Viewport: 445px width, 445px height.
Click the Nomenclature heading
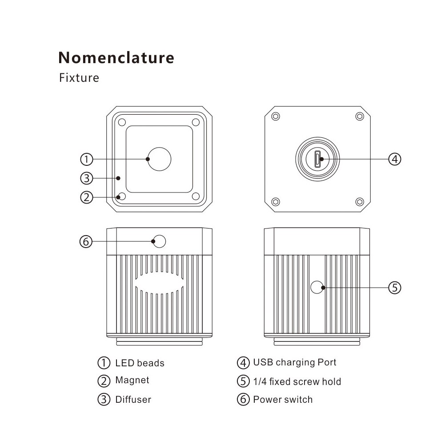click(x=116, y=57)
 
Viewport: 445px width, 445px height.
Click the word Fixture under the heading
click(x=79, y=78)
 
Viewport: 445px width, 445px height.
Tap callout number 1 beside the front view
click(x=87, y=159)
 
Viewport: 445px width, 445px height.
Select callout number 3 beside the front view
click(x=87, y=178)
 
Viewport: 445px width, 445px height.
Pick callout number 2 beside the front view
click(x=87, y=196)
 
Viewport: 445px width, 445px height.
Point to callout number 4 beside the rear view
click(x=395, y=159)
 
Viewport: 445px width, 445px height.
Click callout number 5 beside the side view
click(x=395, y=288)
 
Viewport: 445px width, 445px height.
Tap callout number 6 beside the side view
click(x=86, y=241)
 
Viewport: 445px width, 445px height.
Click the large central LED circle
click(x=159, y=159)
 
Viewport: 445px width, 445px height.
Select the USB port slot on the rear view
click(x=317, y=159)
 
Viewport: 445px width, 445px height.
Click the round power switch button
click(x=159, y=241)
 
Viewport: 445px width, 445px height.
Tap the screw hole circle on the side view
click(x=317, y=287)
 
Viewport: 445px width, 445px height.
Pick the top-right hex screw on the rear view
click(x=359, y=116)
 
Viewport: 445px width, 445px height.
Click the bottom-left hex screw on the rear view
click(x=276, y=201)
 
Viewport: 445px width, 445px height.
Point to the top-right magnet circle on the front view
click(x=196, y=121)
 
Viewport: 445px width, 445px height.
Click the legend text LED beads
click(x=140, y=363)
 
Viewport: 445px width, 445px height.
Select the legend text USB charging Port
click(x=294, y=362)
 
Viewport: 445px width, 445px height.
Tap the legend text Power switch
click(x=283, y=399)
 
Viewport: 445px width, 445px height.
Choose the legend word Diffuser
click(x=133, y=399)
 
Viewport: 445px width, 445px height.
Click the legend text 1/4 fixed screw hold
click(x=297, y=381)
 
